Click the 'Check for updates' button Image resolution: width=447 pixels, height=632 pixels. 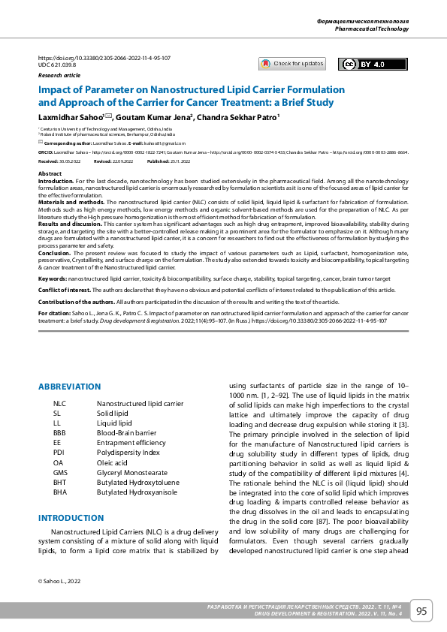292,64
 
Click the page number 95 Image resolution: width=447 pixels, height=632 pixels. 421,611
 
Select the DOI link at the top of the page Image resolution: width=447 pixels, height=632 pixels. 104,58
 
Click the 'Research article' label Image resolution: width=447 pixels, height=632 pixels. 59,76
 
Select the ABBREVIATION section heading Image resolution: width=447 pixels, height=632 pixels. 69,387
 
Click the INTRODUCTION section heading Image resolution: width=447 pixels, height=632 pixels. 71,518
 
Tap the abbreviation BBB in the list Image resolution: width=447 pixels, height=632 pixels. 60,432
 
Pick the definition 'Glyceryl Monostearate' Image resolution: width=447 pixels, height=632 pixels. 132,472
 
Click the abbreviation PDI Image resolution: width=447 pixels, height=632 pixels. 59,453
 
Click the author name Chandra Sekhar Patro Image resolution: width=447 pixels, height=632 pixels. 240,117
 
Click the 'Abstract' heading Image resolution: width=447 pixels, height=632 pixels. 50,173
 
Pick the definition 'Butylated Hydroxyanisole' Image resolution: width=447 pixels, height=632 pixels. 137,492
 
